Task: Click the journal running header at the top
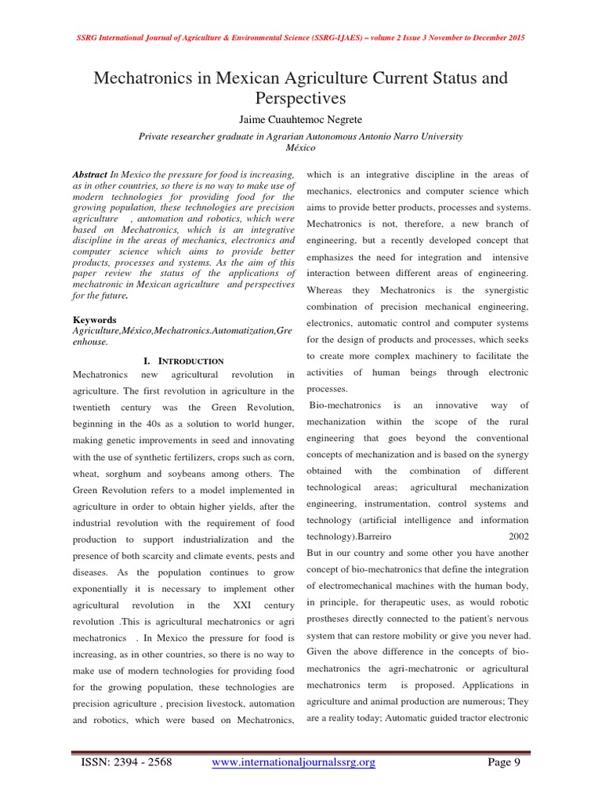tap(301, 38)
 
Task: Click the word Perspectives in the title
tap(300, 99)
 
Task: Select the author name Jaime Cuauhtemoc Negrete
tap(300, 118)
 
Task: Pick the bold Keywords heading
tap(94, 320)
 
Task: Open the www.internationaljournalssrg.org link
tap(294, 761)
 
